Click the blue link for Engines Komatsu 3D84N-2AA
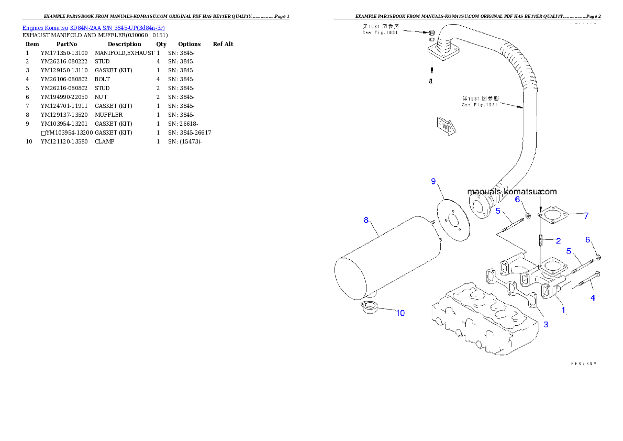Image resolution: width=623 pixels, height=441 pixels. tap(93, 27)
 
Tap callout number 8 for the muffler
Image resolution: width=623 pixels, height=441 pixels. tap(366, 220)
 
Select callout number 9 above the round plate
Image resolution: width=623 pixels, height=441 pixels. tap(433, 181)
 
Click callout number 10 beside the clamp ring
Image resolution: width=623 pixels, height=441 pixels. tap(400, 313)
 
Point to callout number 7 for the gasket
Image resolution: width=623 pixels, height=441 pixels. tap(586, 215)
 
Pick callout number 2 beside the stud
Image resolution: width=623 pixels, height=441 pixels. tap(558, 241)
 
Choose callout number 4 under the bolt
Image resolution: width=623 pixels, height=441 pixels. tap(593, 298)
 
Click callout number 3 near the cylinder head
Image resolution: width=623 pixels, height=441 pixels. tap(546, 325)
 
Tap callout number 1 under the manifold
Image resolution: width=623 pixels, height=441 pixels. tap(563, 310)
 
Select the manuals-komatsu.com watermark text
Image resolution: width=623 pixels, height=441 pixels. tap(511, 192)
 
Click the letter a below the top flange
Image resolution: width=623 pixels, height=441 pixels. tap(430, 81)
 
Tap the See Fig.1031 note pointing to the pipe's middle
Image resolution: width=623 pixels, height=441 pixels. tap(480, 102)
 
